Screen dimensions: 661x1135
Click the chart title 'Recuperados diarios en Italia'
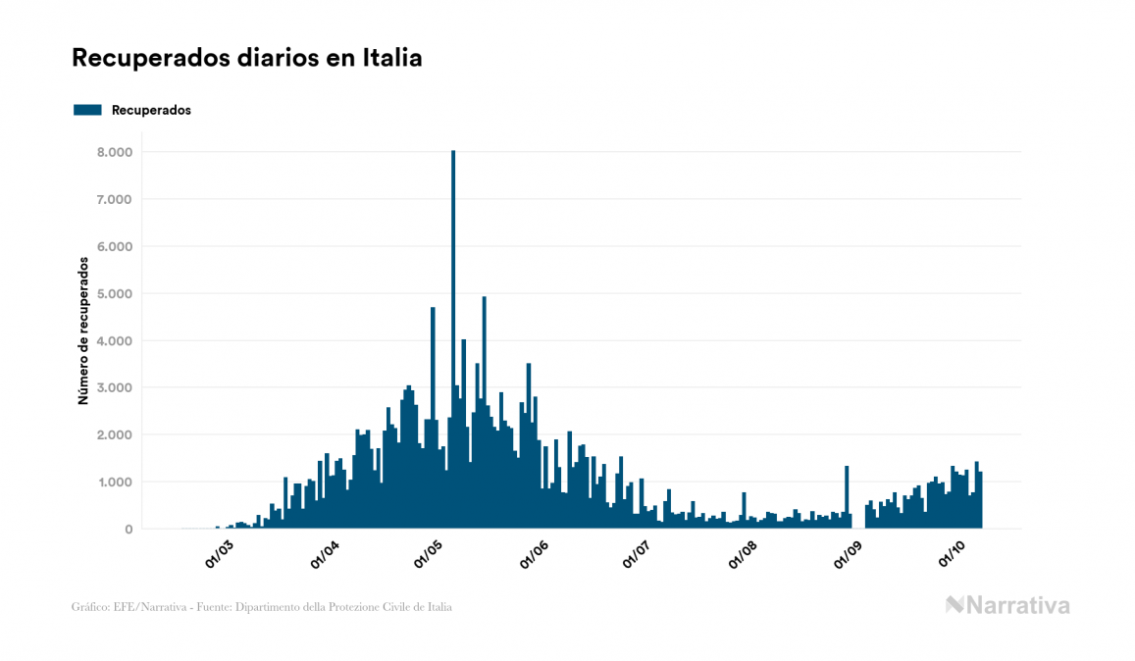pos(246,58)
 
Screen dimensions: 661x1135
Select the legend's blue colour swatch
pos(87,110)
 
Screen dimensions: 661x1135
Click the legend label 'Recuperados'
pos(151,110)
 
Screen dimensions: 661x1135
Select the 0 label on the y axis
pos(128,530)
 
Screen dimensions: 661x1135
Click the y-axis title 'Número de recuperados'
pos(83,331)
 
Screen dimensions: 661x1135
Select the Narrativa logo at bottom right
pos(1007,605)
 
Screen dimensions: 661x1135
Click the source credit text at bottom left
pos(262,607)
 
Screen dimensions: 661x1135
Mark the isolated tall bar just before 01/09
pos(847,497)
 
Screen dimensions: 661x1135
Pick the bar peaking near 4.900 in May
pos(485,412)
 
